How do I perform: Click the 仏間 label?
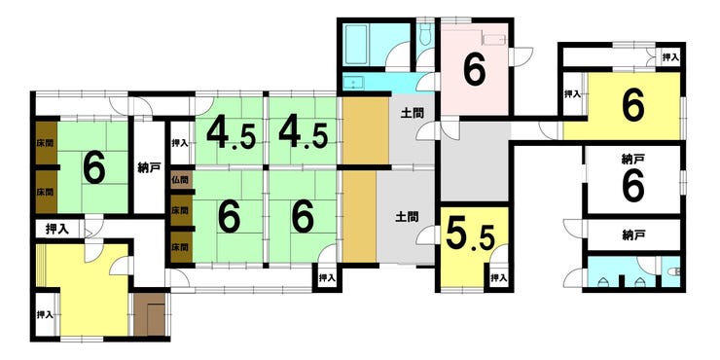click(x=181, y=178)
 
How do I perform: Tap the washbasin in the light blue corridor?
click(x=353, y=83)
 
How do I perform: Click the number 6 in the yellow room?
click(x=633, y=105)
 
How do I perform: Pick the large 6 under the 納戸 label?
click(x=633, y=185)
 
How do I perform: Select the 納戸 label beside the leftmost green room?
click(x=149, y=168)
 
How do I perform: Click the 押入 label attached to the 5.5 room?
click(x=499, y=278)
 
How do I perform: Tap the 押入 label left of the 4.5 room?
click(x=180, y=143)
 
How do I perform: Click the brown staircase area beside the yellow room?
click(x=150, y=315)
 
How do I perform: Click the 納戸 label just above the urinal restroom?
click(x=632, y=235)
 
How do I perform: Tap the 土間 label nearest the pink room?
click(x=413, y=113)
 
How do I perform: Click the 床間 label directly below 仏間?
click(x=181, y=211)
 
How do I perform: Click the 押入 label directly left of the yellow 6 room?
click(x=573, y=94)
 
